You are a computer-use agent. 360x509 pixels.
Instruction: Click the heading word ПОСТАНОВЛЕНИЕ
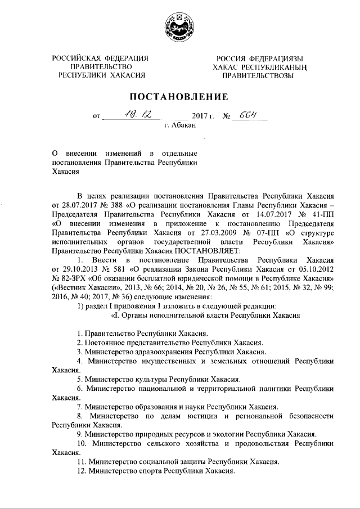pos(180,96)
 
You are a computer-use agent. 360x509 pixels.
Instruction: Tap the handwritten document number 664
pos(246,114)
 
